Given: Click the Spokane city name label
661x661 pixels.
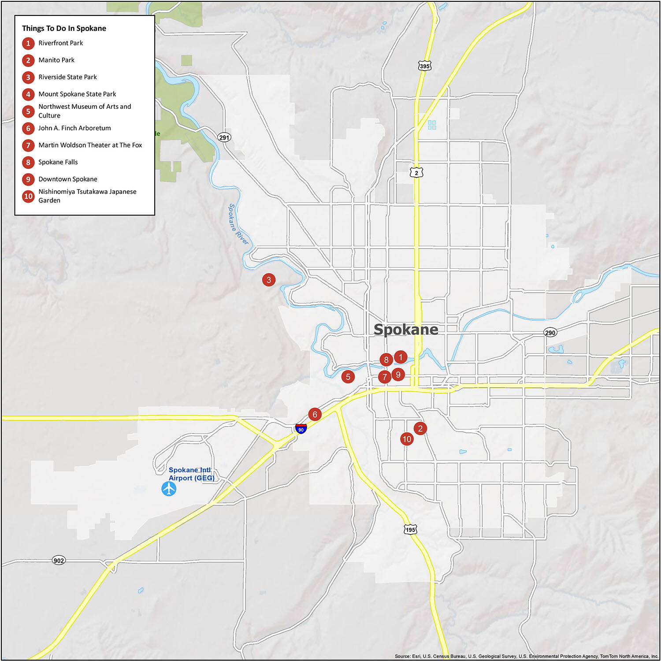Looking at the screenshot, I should pos(406,329).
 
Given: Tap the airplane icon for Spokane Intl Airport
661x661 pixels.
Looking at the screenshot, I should pos(169,488).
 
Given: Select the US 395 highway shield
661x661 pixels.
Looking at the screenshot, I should pos(424,66).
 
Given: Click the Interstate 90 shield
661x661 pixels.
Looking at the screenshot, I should pos(301,428).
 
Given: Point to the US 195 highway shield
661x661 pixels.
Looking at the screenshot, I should pos(410,529).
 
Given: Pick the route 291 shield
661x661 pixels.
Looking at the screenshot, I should pos(224,137).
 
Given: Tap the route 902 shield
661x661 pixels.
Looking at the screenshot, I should pos(59,560).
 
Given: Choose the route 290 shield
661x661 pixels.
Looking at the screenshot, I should pos(550,332).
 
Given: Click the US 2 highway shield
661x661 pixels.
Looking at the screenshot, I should pos(416,172).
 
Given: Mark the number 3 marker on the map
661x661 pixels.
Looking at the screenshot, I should pos(269,279).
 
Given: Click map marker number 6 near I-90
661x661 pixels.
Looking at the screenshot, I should pos(315,414).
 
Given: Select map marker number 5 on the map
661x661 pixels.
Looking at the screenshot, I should pos(348,377).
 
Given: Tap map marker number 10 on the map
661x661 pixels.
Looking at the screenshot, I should pos(407,439).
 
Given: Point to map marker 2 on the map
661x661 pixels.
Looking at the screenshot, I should pos(420,428).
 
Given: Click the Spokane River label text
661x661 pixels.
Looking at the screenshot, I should pos(238,224).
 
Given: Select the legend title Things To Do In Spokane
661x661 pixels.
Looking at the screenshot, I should pos(64,28).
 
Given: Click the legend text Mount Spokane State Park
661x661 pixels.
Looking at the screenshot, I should pos(77,94).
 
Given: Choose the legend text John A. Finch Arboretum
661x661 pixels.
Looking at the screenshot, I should pos(74,128).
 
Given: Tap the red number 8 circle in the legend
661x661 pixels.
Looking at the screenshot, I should pos(28,162).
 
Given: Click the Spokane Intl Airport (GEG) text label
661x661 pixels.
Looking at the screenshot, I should pos(191,474).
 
